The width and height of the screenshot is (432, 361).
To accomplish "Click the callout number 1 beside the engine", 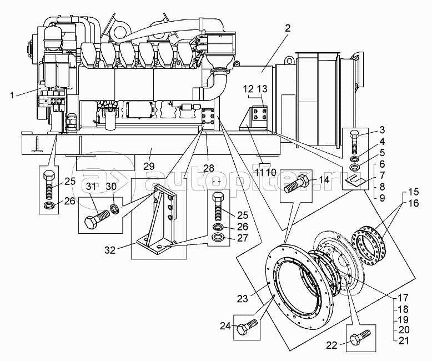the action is tap(12, 96).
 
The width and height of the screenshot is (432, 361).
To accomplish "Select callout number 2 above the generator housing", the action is tap(288, 28).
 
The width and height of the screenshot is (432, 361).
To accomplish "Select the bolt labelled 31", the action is tap(97, 218).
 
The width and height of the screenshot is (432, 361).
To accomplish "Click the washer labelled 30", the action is tap(114, 208).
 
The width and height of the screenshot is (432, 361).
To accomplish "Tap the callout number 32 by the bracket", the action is tap(110, 250).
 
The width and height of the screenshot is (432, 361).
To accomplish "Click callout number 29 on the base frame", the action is tap(149, 167).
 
